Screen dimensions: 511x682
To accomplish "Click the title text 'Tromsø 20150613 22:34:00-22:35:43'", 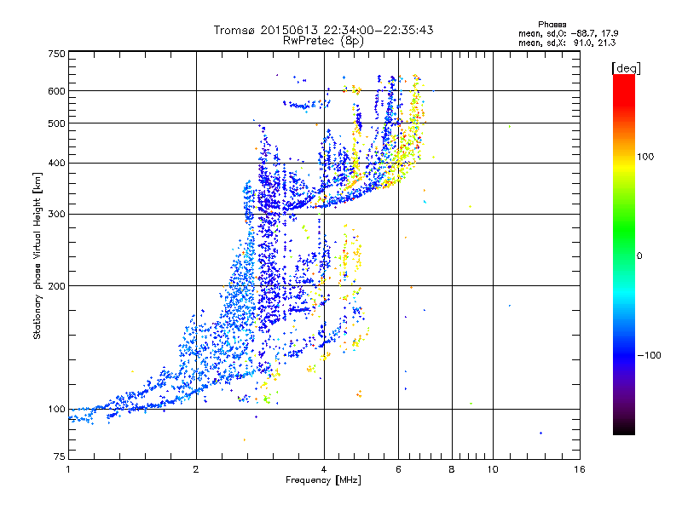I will pos(323,30).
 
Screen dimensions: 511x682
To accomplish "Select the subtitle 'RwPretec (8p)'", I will pos(323,39).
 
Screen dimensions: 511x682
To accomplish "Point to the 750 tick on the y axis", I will pos(57,54).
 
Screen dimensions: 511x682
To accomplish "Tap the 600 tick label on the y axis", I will pos(57,91).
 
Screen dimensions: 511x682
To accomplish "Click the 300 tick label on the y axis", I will pos(57,215).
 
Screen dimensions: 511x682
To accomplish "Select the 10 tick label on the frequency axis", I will pos(492,469).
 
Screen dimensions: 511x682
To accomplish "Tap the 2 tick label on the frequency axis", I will pos(196,469).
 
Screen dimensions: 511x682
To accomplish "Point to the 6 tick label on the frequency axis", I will pos(398,469).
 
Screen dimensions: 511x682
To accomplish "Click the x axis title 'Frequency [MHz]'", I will pos(323,481).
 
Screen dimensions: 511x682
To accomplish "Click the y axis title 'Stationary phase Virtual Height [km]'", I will pos(38,255).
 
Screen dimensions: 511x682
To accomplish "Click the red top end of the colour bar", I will pos(624,78).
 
